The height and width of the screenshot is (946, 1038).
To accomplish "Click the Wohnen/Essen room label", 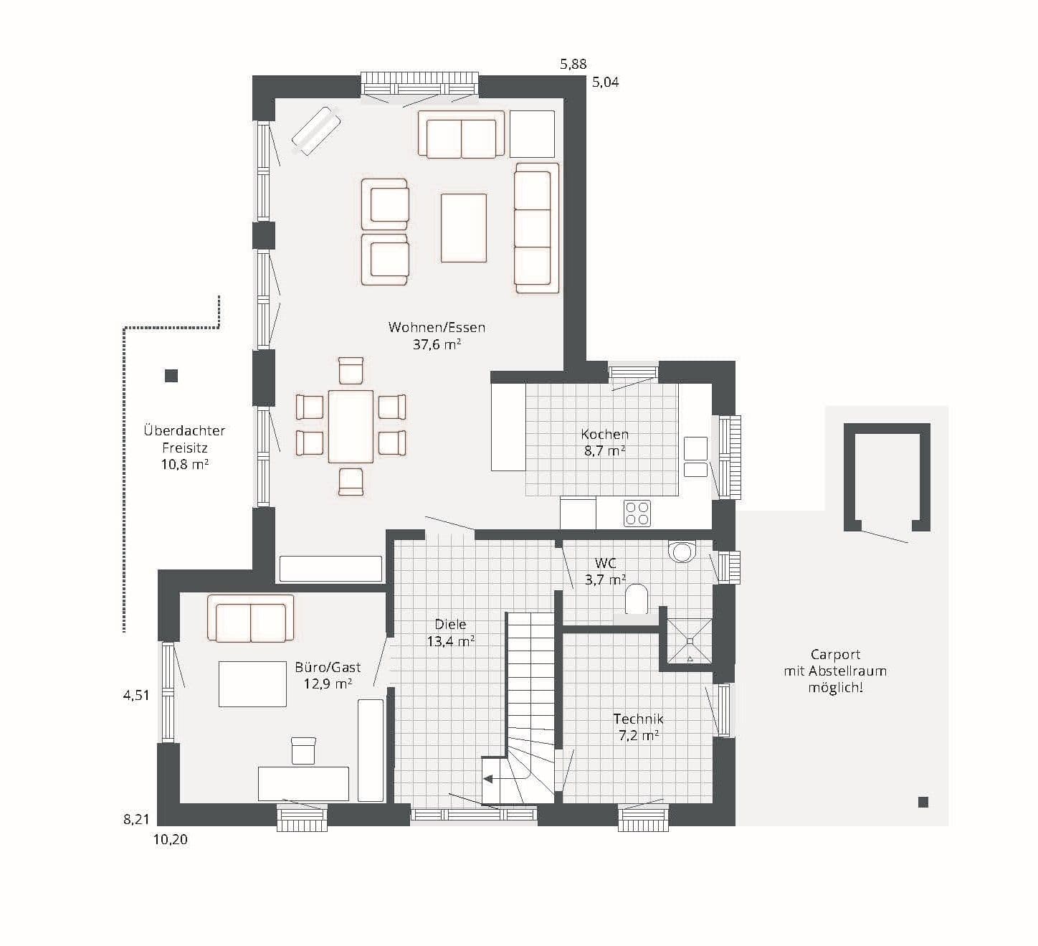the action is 437,336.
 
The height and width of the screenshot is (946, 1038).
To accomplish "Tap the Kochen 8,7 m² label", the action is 604,443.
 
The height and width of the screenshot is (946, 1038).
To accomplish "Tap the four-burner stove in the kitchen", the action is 637,513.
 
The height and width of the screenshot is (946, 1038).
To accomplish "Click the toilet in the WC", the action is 637,599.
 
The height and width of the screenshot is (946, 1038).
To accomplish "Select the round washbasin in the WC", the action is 682,552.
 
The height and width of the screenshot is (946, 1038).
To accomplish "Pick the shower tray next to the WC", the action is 689,640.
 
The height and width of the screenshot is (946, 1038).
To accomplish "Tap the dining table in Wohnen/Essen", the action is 351,426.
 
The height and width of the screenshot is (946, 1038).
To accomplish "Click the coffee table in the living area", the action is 464,228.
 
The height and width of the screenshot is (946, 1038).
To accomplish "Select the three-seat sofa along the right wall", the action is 537,228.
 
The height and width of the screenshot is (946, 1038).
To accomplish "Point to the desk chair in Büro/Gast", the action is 303,751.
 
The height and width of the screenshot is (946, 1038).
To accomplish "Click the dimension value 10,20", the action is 170,840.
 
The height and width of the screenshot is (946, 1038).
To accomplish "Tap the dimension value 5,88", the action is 573,65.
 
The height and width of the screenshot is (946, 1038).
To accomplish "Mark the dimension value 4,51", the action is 136,696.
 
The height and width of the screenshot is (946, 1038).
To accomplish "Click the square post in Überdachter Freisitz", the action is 171,375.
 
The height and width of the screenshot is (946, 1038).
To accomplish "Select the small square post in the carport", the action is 923,802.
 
